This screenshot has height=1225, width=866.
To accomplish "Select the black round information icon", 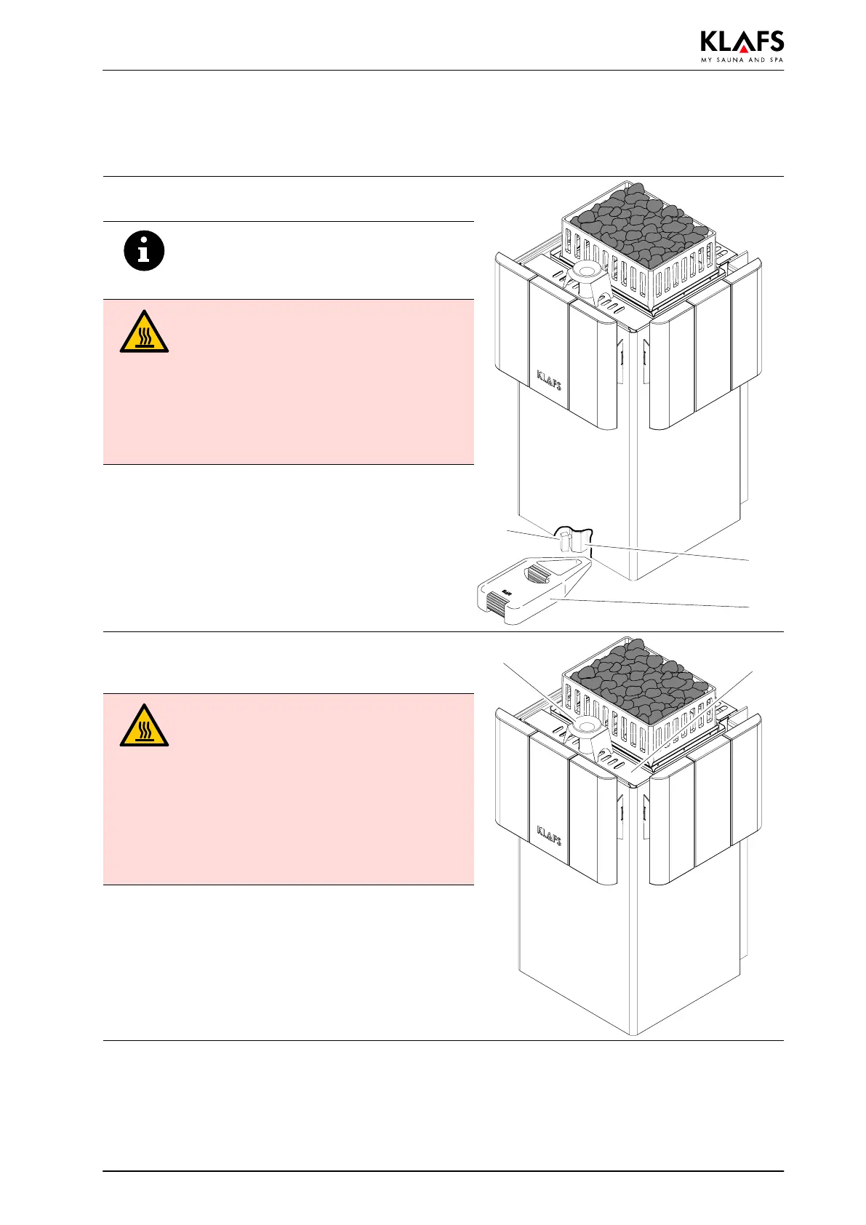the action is tap(144, 252).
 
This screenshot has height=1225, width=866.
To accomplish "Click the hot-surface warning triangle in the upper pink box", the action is tap(144, 333).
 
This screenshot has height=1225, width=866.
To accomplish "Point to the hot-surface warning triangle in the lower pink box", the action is tap(144, 726).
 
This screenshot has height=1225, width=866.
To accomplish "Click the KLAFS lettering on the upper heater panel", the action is tap(549, 380).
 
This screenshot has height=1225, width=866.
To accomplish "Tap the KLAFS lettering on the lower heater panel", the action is tap(549, 836).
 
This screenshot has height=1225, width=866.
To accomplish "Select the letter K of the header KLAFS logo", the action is tap(710, 41).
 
